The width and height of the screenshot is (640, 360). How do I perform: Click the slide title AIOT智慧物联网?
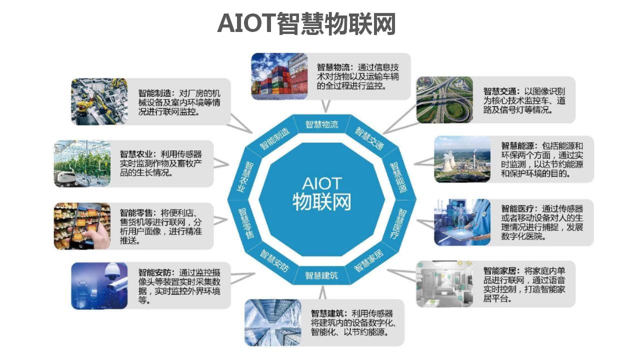coord(306,23)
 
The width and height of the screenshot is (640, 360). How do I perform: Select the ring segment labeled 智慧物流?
coord(321,124)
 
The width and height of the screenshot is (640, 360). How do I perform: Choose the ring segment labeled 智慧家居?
coord(368,260)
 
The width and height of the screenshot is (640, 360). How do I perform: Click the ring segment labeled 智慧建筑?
coord(321,275)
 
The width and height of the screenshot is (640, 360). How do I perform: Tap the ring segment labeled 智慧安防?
coord(274,260)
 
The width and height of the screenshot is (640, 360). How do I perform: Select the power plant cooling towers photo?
coord(462,159)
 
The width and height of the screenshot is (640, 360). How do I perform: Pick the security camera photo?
coord(99,285)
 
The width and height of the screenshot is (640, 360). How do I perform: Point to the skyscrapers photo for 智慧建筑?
coord(272,322)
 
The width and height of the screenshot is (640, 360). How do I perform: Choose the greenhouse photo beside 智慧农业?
coord(82,163)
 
